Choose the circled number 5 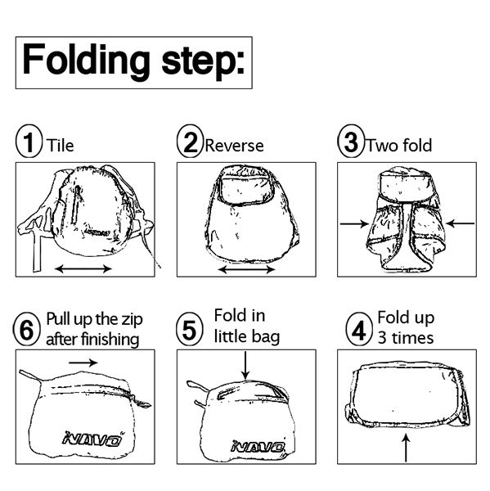coord(190,331)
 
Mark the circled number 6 coord(28,331)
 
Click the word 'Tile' coord(61,146)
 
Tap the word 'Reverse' coord(234,146)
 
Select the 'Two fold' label coord(398,146)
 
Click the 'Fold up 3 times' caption coord(405,327)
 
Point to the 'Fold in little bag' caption coord(246,325)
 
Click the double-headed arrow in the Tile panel coord(84,268)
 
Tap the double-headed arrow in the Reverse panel coord(246,268)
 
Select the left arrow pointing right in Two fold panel coord(353,222)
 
